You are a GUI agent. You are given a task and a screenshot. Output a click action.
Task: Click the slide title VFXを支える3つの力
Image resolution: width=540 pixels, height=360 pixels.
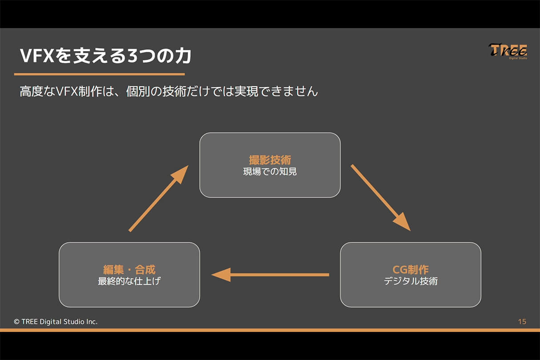coord(106,56)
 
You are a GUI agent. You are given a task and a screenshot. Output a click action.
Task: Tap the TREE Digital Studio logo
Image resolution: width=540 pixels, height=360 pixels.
coord(508,52)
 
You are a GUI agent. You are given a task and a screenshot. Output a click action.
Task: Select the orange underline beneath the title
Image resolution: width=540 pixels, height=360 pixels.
coord(99,74)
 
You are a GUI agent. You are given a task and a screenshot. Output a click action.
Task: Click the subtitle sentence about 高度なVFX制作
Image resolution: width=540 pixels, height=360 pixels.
coord(169,92)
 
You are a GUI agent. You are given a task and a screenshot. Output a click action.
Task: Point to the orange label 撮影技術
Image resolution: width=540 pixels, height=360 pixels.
coord(270,160)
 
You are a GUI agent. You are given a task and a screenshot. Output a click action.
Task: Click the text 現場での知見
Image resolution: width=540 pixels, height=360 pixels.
coord(270,172)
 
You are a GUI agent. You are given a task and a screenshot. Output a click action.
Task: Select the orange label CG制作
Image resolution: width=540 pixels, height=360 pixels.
coord(410,269)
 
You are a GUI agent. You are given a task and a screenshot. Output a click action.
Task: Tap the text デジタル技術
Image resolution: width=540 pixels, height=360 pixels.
coord(410,281)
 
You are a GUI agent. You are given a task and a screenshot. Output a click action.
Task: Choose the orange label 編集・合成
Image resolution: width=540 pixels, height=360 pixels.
coord(129,269)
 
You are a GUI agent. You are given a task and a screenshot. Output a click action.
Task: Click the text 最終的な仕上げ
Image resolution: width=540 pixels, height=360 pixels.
coord(129,281)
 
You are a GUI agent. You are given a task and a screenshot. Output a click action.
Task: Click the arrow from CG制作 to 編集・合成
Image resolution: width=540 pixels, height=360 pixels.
coord(271,275)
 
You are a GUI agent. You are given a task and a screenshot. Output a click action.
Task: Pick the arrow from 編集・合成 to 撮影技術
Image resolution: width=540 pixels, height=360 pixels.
coord(158,199)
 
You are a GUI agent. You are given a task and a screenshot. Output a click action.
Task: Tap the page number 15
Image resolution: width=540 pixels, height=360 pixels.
coord(522,321)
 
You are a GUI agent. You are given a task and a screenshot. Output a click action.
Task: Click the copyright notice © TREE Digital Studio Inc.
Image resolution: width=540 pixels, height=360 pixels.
coord(56,321)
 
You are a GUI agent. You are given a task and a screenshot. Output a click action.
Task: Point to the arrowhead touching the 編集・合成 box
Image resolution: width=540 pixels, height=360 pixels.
coord(221,275)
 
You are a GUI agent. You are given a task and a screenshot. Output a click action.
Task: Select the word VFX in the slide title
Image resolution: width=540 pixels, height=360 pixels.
coord(36,56)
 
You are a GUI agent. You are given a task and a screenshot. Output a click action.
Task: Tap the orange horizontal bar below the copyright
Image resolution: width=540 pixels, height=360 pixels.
coord(270,330)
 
